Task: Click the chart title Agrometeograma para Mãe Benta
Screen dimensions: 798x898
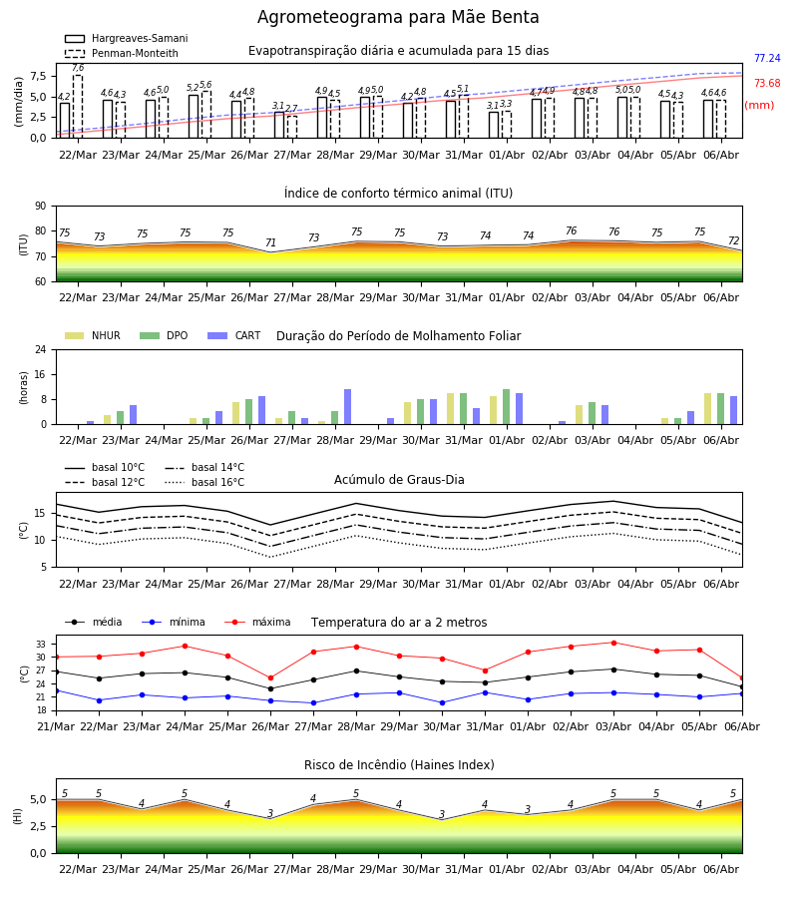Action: click(x=398, y=17)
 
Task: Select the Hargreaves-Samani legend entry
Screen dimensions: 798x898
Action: click(x=126, y=38)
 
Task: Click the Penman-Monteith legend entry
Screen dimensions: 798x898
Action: click(x=122, y=53)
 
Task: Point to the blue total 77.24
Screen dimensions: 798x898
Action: click(x=767, y=59)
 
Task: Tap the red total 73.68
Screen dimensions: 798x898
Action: click(x=767, y=84)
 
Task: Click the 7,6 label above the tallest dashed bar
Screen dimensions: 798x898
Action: click(x=78, y=68)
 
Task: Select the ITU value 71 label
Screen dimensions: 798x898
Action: click(x=270, y=242)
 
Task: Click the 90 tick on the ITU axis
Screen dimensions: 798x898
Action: click(x=41, y=207)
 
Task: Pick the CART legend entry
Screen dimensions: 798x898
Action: click(x=233, y=335)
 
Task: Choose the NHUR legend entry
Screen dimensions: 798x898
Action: click(x=93, y=335)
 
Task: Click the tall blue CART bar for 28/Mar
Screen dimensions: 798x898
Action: click(x=347, y=407)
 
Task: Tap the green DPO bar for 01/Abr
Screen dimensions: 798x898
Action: click(x=506, y=407)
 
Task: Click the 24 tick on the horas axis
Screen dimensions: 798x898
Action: click(x=41, y=350)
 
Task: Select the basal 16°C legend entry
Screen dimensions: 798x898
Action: click(x=204, y=483)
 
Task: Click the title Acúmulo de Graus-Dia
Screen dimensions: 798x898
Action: click(x=399, y=480)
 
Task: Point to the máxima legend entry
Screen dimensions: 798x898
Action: click(x=257, y=623)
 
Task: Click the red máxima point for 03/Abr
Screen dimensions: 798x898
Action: click(x=613, y=644)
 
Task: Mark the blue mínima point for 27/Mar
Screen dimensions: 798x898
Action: click(x=313, y=703)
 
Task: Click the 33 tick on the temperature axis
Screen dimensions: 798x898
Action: click(x=41, y=645)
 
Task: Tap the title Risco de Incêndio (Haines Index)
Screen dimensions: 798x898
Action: click(x=399, y=765)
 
